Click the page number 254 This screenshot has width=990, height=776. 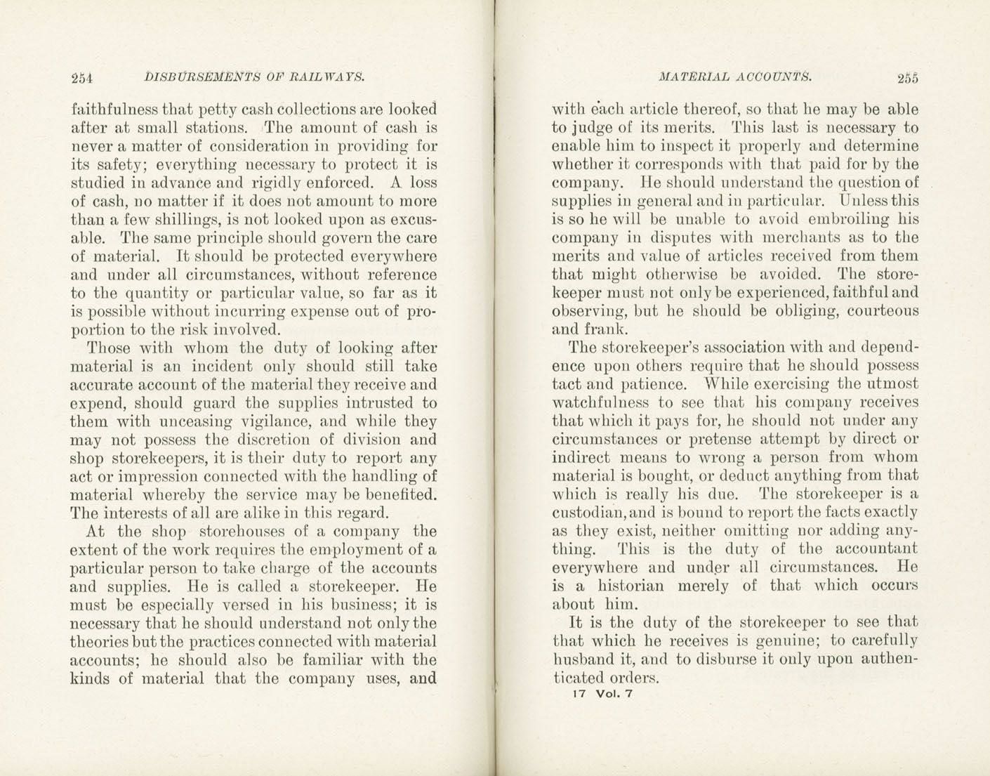click(83, 78)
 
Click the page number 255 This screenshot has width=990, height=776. click(907, 78)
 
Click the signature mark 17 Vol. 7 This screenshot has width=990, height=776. click(603, 695)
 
